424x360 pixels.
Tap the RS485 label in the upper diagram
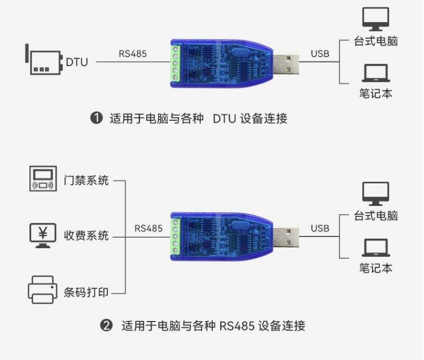pos(133,54)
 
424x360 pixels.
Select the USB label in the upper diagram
pos(320,54)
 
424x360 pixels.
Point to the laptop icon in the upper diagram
pos(375,73)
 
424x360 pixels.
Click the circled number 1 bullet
pos(97,118)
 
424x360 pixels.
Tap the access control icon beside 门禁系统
pos(43,178)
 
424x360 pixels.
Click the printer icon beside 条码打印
pos(43,290)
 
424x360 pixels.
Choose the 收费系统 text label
pos(86,236)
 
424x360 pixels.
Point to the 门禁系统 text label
pos(86,181)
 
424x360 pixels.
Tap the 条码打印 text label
pos(86,292)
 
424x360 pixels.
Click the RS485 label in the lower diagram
pos(148,229)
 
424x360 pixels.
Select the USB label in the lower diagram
pos(320,229)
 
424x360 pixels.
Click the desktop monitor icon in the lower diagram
pos(375,194)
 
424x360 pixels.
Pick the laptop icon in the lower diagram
pos(375,248)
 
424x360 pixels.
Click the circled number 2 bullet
pos(106,326)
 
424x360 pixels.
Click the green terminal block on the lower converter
pos(176,236)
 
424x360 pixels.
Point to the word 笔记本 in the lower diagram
pos(375,268)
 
